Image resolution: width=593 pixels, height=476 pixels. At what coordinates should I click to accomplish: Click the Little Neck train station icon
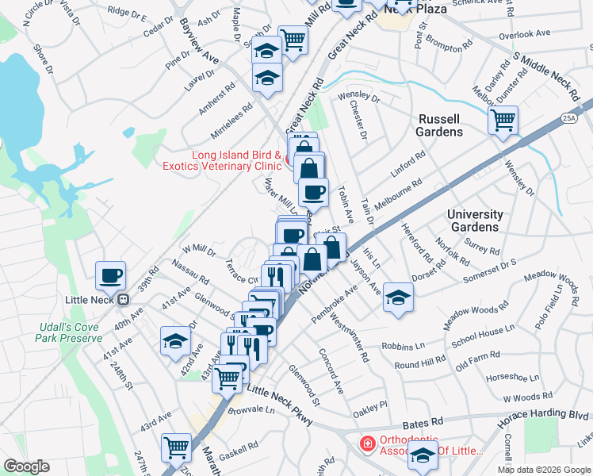click(123, 300)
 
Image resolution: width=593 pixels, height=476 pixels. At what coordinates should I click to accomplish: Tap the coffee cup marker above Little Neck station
click(110, 275)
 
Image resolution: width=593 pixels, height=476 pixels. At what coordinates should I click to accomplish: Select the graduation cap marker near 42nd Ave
click(174, 341)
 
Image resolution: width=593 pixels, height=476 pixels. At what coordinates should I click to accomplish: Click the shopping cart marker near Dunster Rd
click(503, 121)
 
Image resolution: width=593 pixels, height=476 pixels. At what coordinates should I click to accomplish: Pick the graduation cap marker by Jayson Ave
click(398, 297)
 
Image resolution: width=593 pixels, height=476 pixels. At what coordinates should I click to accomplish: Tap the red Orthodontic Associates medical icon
click(368, 443)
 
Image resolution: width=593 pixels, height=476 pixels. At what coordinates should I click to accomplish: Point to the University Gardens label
click(475, 221)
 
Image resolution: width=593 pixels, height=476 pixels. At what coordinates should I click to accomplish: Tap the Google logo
click(26, 466)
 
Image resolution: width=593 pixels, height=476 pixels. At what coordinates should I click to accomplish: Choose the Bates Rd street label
click(420, 426)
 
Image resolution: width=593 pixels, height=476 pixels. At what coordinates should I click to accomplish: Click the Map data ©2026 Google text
click(543, 470)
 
